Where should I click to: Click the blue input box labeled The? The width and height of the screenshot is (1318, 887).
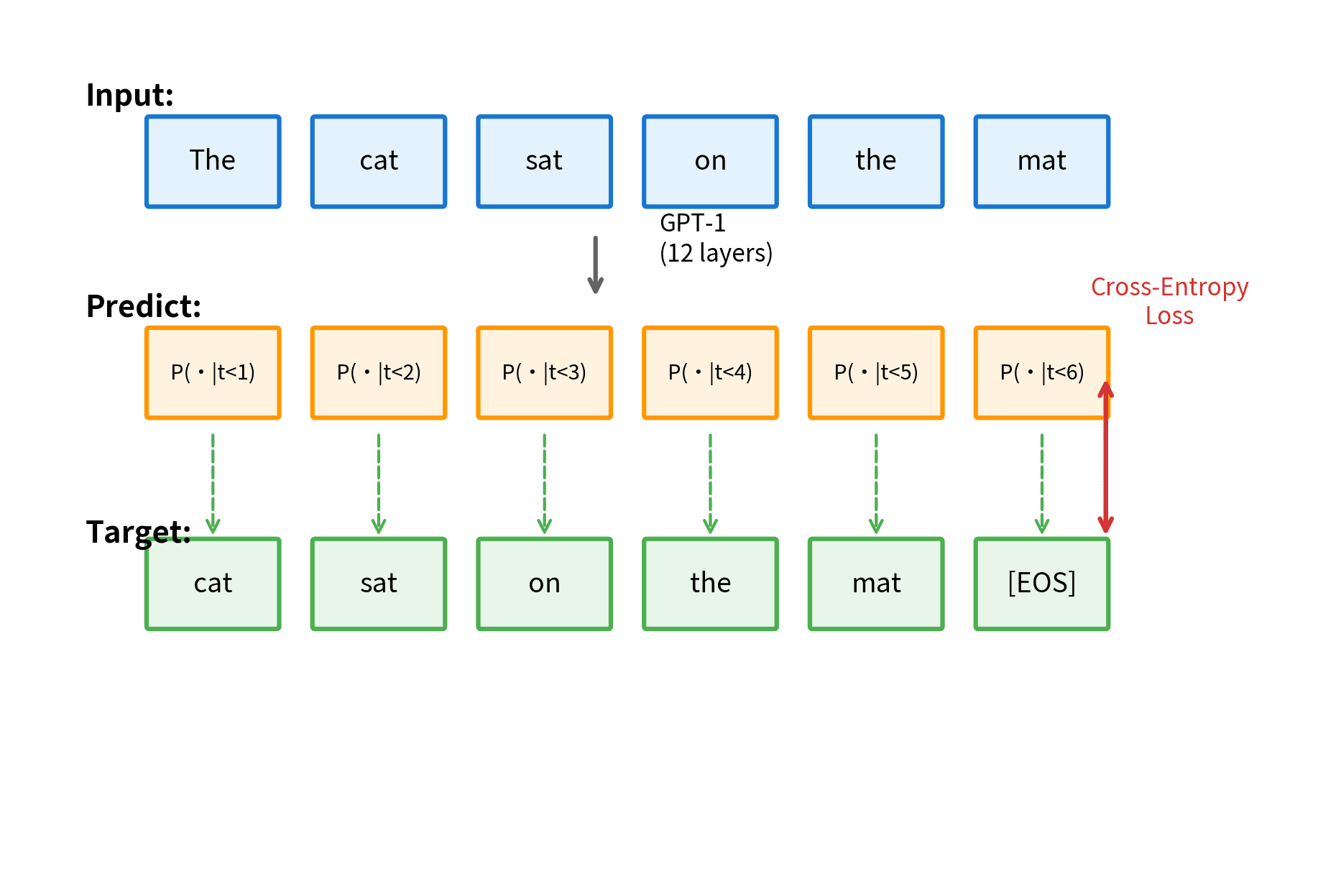pyautogui.click(x=213, y=162)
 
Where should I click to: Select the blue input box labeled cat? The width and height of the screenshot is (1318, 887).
pyautogui.click(x=379, y=162)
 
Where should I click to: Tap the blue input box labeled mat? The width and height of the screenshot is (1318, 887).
pyautogui.click(x=1041, y=162)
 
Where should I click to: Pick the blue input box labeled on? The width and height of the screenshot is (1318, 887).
pyautogui.click(x=710, y=162)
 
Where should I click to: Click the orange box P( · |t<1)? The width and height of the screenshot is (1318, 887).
pyautogui.click(x=213, y=372)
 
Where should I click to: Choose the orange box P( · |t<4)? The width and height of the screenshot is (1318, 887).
pyautogui.click(x=710, y=372)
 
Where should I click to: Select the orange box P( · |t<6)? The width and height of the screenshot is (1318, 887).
pyautogui.click(x=1041, y=372)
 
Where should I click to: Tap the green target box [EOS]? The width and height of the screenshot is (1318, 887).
pyautogui.click(x=1041, y=584)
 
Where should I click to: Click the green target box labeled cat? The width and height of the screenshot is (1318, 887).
pyautogui.click(x=213, y=584)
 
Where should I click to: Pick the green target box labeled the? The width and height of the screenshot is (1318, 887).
pyautogui.click(x=710, y=584)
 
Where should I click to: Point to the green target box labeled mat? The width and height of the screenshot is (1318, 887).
pyautogui.click(x=876, y=584)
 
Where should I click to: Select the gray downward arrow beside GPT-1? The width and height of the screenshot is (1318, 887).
pyautogui.click(x=595, y=265)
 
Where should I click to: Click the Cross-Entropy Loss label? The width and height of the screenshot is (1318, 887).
pyautogui.click(x=1169, y=301)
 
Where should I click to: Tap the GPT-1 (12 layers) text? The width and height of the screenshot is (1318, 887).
pyautogui.click(x=715, y=239)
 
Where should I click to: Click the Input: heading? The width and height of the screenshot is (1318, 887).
pyautogui.click(x=129, y=95)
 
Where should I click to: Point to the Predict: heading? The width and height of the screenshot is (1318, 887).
pyautogui.click(x=143, y=306)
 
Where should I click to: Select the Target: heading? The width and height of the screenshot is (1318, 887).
pyautogui.click(x=138, y=532)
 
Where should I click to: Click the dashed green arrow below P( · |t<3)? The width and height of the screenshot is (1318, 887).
pyautogui.click(x=544, y=483)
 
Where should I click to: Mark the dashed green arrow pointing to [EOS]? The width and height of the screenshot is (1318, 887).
pyautogui.click(x=1041, y=483)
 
